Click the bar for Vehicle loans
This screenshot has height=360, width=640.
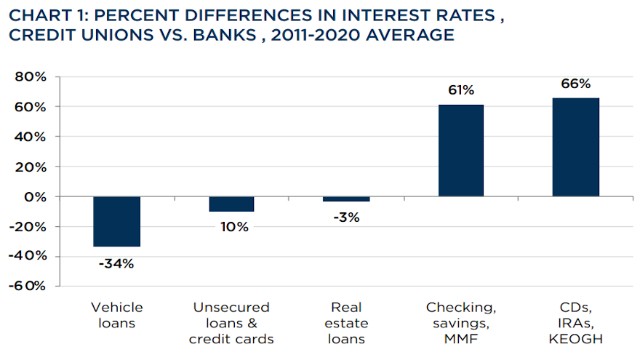116,221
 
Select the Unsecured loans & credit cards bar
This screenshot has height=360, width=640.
231,204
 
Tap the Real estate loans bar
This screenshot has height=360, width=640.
346,199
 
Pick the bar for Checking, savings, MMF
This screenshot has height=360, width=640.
461,151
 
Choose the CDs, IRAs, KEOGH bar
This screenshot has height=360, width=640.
575,147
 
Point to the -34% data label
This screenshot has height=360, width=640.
116,263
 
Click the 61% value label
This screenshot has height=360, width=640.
461,90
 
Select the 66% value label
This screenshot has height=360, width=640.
575,83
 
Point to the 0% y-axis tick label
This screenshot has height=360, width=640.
34,196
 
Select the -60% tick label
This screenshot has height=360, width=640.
28,286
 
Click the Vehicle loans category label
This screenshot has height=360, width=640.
116,315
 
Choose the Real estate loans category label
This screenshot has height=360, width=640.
346,323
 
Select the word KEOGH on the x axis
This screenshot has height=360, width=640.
575,339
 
